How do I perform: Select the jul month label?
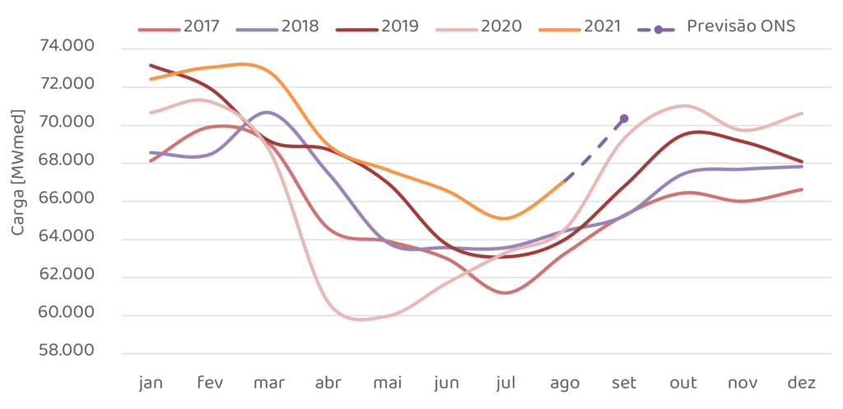point(505,384)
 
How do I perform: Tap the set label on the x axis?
point(624,384)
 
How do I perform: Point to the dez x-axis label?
point(801,384)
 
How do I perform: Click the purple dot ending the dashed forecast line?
point(624,119)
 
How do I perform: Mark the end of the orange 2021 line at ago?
point(565,179)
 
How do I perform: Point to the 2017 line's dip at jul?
point(505,292)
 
